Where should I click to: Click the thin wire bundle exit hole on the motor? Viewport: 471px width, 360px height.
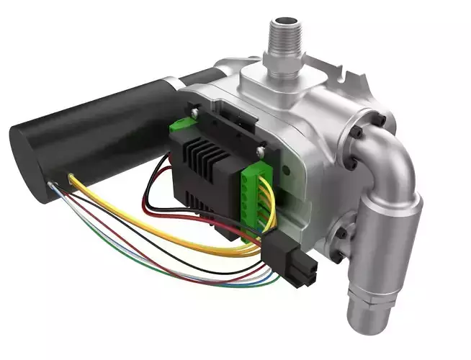52,188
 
